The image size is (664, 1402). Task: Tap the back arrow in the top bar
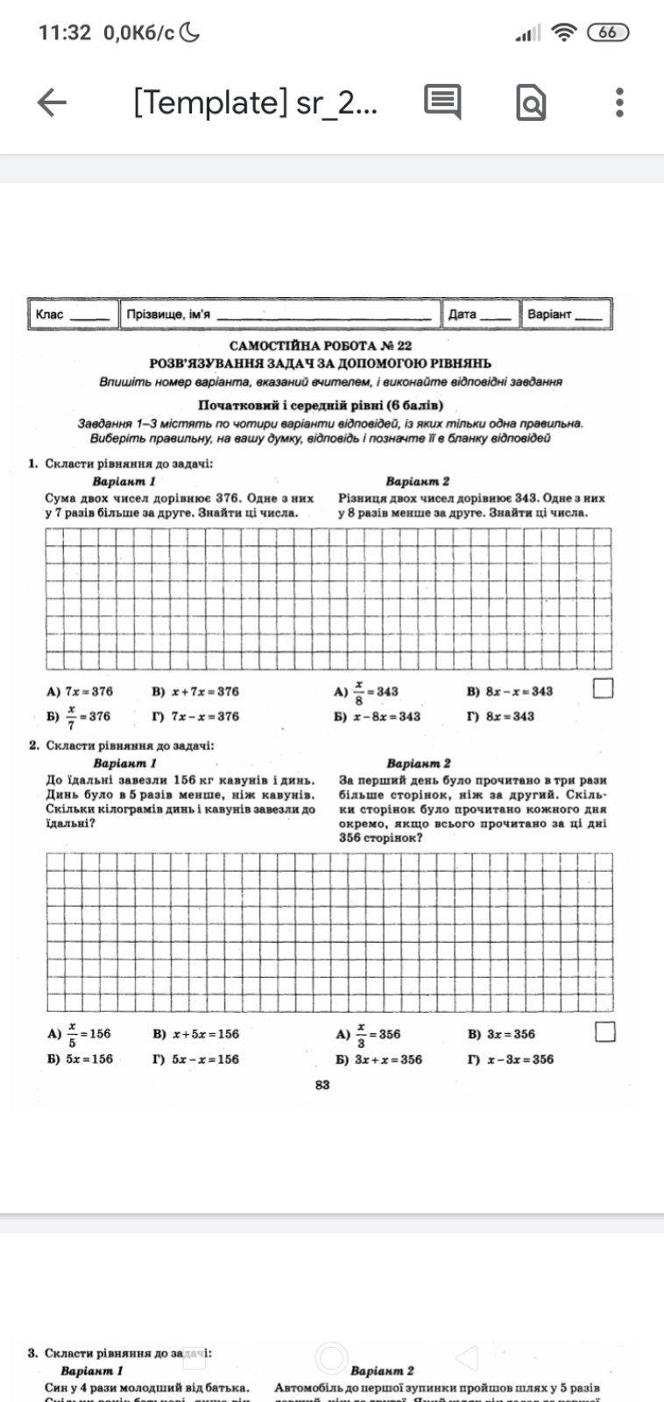(52, 103)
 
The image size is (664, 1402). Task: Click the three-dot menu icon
(619, 103)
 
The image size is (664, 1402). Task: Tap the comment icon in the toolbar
(442, 103)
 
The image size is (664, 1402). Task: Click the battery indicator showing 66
(608, 32)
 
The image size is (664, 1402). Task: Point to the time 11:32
(65, 32)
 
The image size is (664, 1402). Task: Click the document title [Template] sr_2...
(255, 103)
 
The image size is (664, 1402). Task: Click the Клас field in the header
(74, 314)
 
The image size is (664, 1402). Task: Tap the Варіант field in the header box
(565, 314)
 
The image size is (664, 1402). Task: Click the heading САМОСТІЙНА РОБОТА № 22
(321, 346)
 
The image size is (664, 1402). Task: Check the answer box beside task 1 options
(603, 689)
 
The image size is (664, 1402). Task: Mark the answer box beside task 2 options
(604, 1031)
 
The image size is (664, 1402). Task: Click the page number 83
(322, 1085)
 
